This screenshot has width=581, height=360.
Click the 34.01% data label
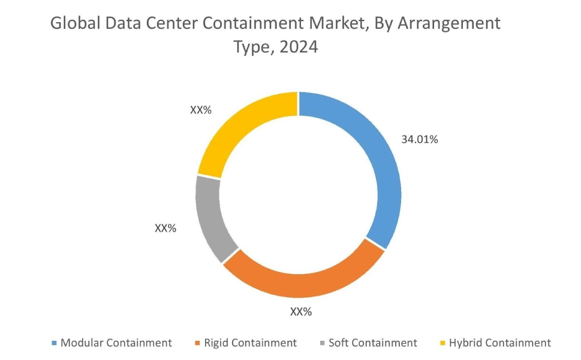(420, 140)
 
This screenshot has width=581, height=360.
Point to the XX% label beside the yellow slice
(201, 110)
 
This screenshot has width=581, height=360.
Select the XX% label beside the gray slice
(165, 228)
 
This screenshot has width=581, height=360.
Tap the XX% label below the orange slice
(301, 312)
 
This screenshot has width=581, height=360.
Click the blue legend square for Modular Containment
(55, 343)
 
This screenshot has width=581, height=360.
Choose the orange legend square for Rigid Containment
(198, 343)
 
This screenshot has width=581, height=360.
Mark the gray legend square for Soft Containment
(323, 343)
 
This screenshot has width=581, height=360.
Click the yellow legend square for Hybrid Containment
(442, 343)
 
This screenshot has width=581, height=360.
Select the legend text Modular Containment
(116, 343)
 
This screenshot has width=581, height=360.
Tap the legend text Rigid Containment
(251, 343)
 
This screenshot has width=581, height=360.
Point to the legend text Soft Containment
(373, 343)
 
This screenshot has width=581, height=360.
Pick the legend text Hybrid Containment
(499, 343)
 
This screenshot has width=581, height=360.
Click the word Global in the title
(73, 23)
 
